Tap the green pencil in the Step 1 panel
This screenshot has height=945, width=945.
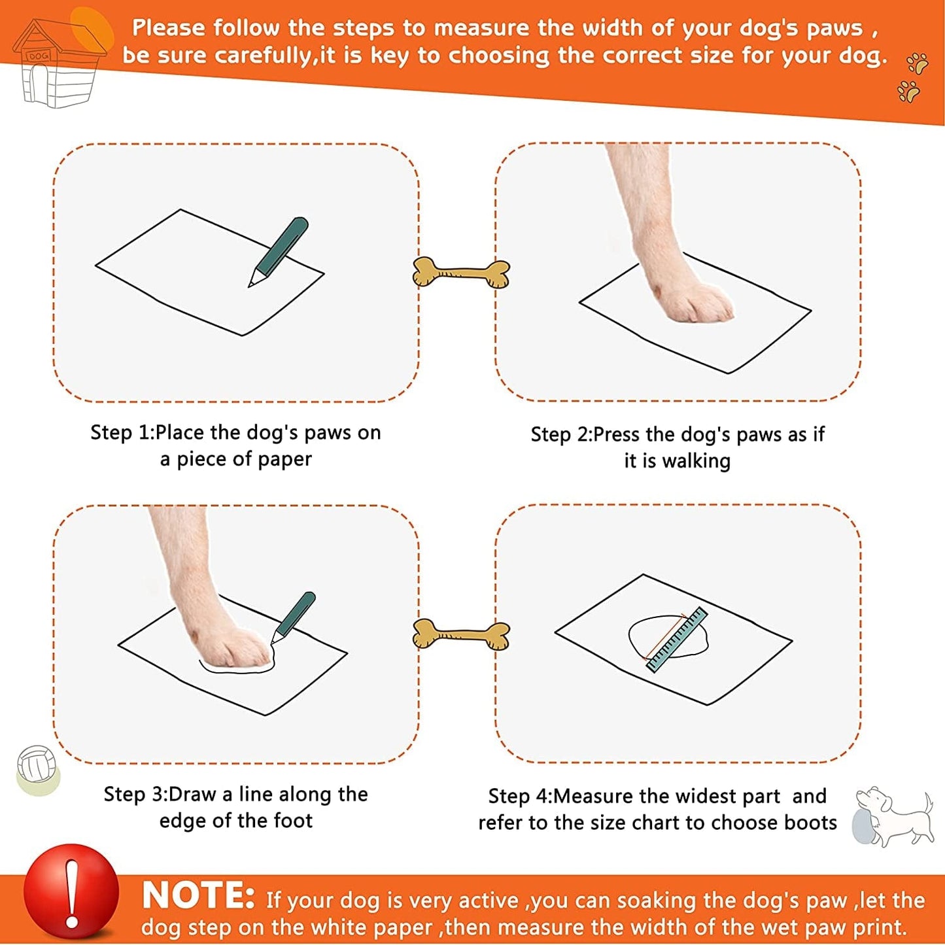(x=278, y=252)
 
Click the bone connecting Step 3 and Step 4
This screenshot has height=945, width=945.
(x=462, y=634)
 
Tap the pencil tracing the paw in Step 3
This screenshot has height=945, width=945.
(x=293, y=617)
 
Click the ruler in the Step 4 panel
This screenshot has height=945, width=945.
(x=678, y=640)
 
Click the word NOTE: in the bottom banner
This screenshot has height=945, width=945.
(x=198, y=895)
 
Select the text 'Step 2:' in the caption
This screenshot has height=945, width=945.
(x=562, y=435)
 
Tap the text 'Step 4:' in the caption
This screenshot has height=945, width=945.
(x=521, y=796)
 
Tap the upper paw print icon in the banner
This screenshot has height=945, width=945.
(x=917, y=63)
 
